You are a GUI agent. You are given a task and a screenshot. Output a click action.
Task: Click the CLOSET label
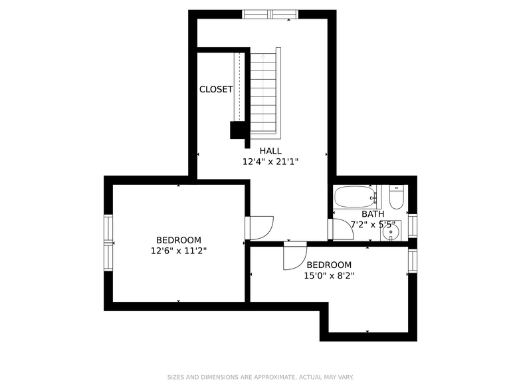(x=216, y=89)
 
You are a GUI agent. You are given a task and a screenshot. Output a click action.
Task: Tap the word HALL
(x=270, y=151)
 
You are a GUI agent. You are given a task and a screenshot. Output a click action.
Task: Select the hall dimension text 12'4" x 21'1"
(x=270, y=162)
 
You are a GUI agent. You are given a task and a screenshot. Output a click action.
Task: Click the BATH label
(x=373, y=214)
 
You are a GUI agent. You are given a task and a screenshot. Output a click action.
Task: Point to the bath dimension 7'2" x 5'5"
(x=373, y=225)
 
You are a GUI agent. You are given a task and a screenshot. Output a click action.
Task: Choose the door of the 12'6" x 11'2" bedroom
(x=260, y=227)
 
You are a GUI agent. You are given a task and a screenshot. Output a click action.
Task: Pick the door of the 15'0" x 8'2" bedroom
(x=294, y=256)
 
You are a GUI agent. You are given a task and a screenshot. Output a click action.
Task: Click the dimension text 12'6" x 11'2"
(x=179, y=251)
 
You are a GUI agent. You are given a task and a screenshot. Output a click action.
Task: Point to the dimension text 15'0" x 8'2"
(x=329, y=275)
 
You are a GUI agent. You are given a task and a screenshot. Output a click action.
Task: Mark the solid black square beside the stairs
(x=237, y=130)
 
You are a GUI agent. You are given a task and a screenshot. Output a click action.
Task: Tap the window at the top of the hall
(x=270, y=14)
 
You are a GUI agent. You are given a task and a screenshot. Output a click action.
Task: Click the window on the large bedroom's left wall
(x=108, y=243)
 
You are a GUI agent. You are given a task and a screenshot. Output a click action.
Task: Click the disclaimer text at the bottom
(x=260, y=376)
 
